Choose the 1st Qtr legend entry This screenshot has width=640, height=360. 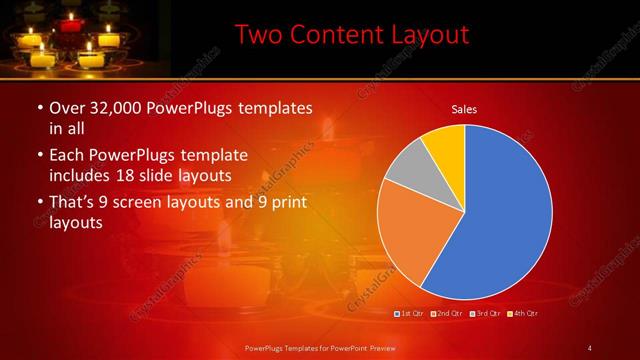[411, 314]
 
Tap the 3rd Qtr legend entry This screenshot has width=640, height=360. [485, 314]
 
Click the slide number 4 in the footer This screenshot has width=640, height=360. [590, 347]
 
